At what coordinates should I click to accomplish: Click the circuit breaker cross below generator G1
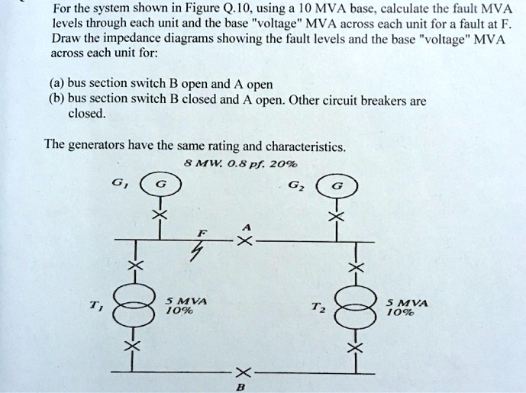click(x=159, y=217)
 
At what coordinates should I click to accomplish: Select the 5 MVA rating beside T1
click(x=182, y=301)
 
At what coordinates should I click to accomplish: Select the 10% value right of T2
click(x=405, y=313)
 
